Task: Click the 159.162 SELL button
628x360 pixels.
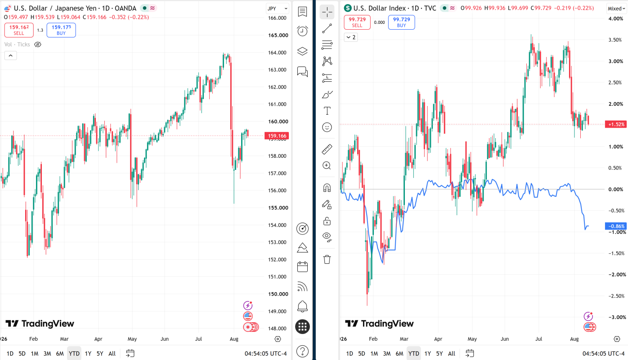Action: pyautogui.click(x=19, y=30)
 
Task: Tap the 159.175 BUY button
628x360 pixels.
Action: pyautogui.click(x=61, y=30)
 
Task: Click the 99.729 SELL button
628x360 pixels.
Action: pyautogui.click(x=357, y=22)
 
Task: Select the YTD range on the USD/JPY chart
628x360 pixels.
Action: pyautogui.click(x=74, y=354)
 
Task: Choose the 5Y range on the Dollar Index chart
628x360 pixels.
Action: pyautogui.click(x=439, y=354)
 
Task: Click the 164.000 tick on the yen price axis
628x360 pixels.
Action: pyautogui.click(x=277, y=52)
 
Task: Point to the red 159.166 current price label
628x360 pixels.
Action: pyautogui.click(x=277, y=136)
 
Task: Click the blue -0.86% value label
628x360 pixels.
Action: pyautogui.click(x=616, y=226)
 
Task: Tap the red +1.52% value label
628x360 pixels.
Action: pyautogui.click(x=616, y=124)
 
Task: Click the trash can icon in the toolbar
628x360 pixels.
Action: pyautogui.click(x=327, y=260)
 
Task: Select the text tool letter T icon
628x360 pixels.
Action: pyautogui.click(x=327, y=111)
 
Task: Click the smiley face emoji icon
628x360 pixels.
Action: pyautogui.click(x=327, y=127)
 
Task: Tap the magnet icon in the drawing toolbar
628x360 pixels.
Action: pyautogui.click(x=327, y=188)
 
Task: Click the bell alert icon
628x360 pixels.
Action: pyautogui.click(x=302, y=306)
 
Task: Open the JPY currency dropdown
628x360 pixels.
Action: pyautogui.click(x=277, y=8)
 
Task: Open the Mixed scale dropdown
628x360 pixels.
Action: pyautogui.click(x=616, y=8)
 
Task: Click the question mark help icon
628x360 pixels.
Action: pyautogui.click(x=302, y=351)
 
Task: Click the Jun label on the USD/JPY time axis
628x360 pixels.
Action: pyautogui.click(x=165, y=339)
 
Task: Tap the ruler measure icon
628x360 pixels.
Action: pyautogui.click(x=327, y=149)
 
